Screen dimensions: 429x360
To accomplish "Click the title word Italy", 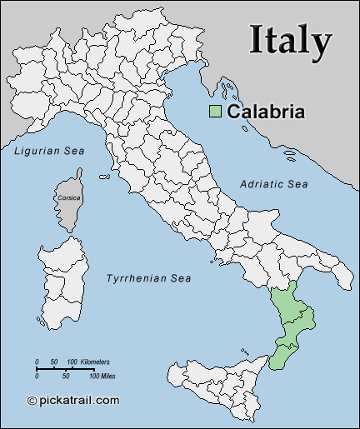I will tap(291, 39).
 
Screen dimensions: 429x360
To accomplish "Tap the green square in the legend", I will tap(216, 112).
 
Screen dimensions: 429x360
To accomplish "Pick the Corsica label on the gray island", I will tap(69, 197).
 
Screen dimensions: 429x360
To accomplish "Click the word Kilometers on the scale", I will tap(93, 362).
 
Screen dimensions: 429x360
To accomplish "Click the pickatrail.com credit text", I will tap(80, 401).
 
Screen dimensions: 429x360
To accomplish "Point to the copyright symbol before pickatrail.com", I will tap(32, 401).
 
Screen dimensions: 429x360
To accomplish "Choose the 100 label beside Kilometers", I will tap(72, 362).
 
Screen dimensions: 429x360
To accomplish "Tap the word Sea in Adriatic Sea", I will tap(297, 183).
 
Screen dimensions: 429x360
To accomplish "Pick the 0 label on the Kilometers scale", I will tap(37, 362).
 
